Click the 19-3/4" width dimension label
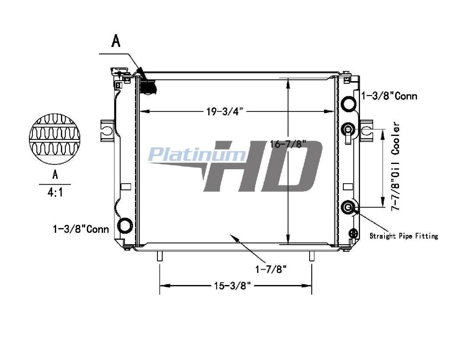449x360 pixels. pyautogui.click(x=225, y=111)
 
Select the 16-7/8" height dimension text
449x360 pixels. pyautogui.click(x=289, y=144)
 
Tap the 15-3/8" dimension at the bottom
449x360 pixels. pyautogui.click(x=232, y=286)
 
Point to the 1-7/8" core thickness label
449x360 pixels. pyautogui.click(x=271, y=269)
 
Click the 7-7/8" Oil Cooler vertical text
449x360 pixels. pyautogui.click(x=396, y=166)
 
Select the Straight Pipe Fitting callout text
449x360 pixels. pyautogui.click(x=404, y=236)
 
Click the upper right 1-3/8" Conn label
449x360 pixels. pyautogui.click(x=390, y=96)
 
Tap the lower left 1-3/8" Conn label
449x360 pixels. pyautogui.click(x=81, y=229)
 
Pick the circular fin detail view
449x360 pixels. pyautogui.click(x=54, y=139)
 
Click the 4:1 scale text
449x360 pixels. pyautogui.click(x=55, y=193)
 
